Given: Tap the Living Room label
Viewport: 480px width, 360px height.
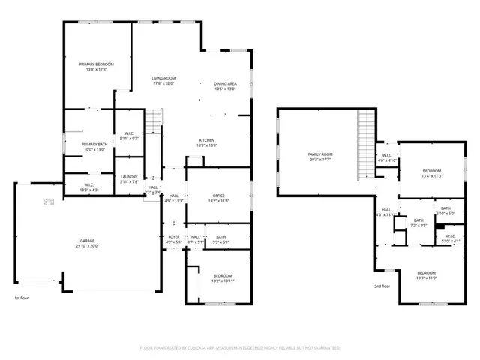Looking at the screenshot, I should [x=163, y=78].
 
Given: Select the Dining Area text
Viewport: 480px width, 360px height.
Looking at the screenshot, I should [x=225, y=83].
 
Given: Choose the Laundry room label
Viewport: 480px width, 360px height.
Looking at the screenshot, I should [x=129, y=176].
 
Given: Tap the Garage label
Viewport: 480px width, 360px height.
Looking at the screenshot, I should [x=88, y=241].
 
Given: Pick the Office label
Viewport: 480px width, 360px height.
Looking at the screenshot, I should [x=218, y=196].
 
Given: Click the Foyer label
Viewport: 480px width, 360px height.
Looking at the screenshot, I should [x=173, y=237].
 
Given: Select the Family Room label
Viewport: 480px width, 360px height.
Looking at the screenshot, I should [x=319, y=154].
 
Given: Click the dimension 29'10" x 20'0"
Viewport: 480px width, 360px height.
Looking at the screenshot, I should [x=88, y=246].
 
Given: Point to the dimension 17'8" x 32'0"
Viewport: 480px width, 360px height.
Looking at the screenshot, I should [x=163, y=83].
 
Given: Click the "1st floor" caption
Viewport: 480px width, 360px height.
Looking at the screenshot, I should [x=22, y=298].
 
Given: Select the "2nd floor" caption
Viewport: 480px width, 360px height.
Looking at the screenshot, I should [x=382, y=286].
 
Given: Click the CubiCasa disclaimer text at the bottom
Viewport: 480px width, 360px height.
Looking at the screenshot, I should [x=240, y=348].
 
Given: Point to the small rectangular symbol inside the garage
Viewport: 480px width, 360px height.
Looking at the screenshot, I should [x=49, y=201].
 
